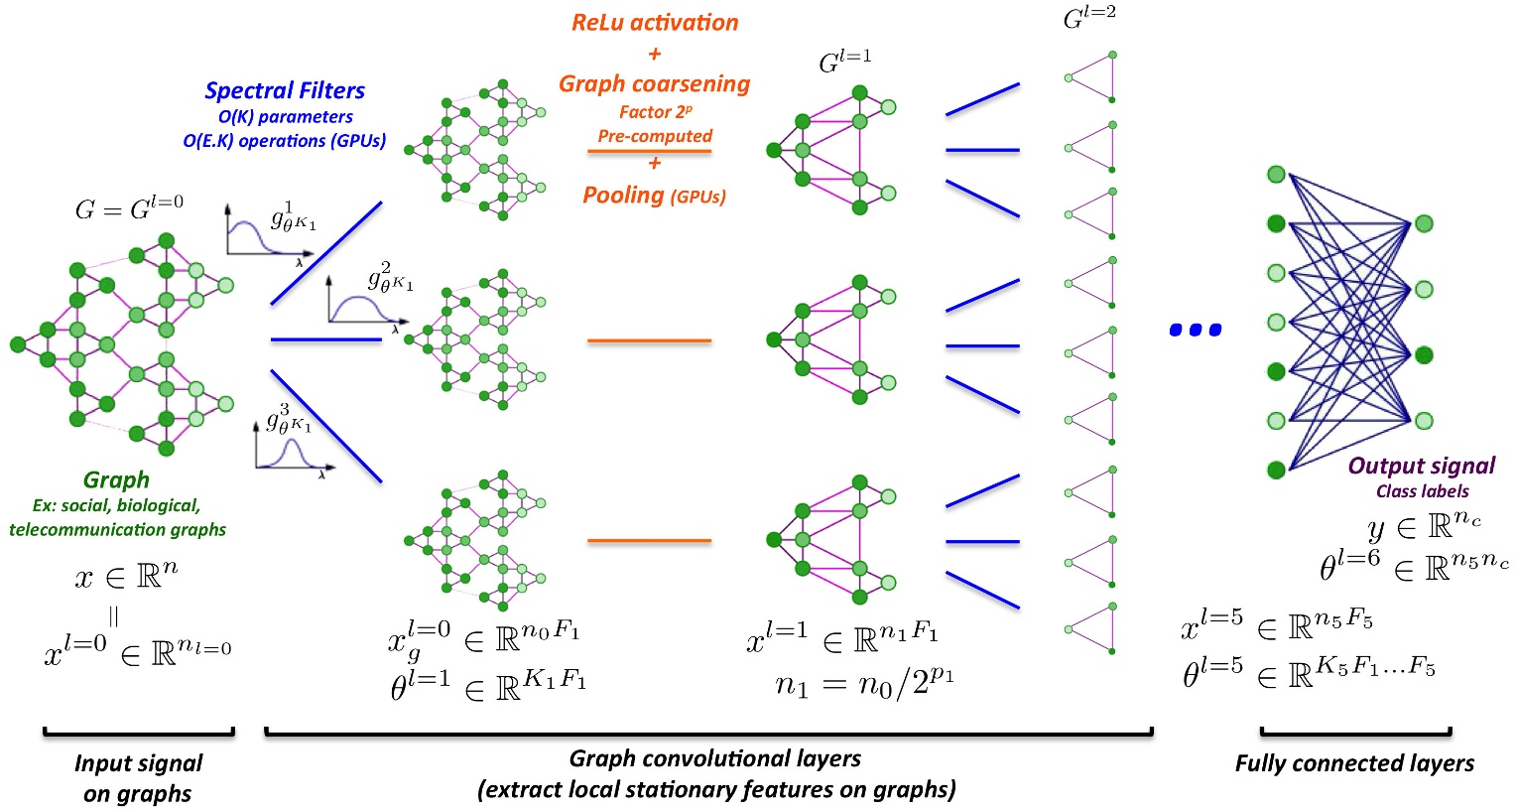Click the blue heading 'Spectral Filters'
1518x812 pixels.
[x=285, y=90]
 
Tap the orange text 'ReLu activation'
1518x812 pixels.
[x=655, y=22]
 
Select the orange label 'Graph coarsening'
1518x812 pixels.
[x=655, y=83]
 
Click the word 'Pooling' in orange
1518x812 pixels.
[x=623, y=195]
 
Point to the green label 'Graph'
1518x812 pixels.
[x=116, y=479]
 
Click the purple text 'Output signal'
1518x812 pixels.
[x=1421, y=466]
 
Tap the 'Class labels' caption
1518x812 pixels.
[x=1422, y=490]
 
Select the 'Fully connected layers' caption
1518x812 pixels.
[x=1354, y=762]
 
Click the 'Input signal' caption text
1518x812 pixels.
[x=138, y=762]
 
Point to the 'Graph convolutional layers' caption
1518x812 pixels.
[x=714, y=758]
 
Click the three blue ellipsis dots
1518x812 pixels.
[x=1196, y=330]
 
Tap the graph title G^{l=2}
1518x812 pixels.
[x=1089, y=17]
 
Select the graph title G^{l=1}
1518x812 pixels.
[x=844, y=62]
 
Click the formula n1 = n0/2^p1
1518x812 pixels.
[x=864, y=682]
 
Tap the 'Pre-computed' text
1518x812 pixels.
[x=655, y=136]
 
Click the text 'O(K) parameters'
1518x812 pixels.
[x=285, y=116]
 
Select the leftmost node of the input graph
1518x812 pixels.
[x=17, y=344]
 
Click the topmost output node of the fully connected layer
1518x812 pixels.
[x=1424, y=224]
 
